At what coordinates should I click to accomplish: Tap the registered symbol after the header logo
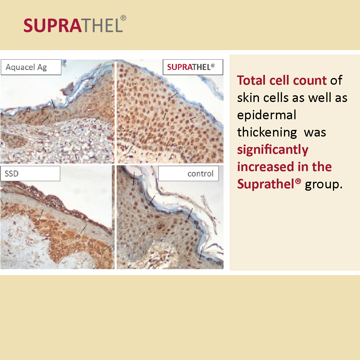click(x=123, y=18)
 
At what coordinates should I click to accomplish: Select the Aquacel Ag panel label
click(x=31, y=67)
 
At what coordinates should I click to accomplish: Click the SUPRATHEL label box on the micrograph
click(x=193, y=67)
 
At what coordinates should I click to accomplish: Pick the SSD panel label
click(x=30, y=174)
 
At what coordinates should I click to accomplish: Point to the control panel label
click(x=188, y=174)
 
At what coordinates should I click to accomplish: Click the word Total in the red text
click(x=251, y=81)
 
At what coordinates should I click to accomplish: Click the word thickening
click(x=267, y=132)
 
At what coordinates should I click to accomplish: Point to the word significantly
click(x=272, y=150)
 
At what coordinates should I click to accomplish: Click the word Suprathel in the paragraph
click(x=269, y=184)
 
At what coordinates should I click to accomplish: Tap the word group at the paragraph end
click(x=324, y=185)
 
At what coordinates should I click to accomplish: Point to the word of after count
click(x=336, y=81)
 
